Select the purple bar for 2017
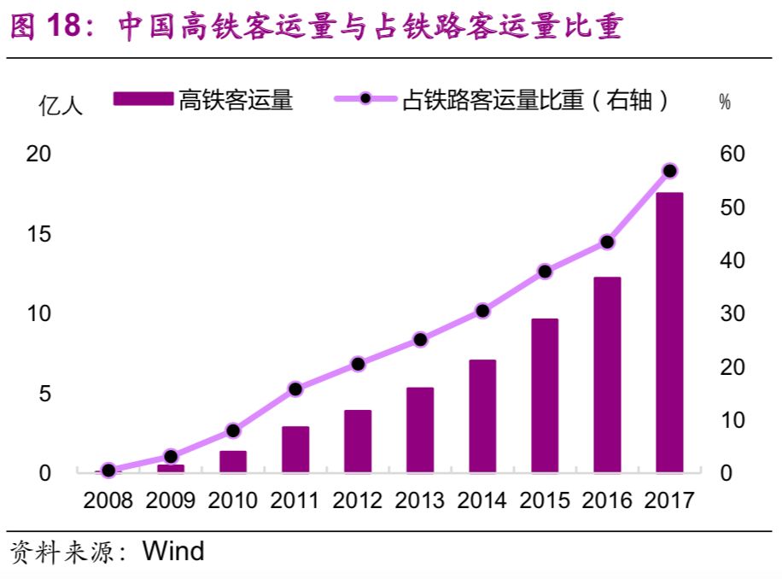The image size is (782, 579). tap(669, 332)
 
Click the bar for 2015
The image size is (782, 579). tap(545, 395)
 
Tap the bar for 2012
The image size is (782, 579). tap(358, 441)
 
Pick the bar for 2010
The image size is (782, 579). tap(233, 461)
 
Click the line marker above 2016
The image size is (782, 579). tap(607, 242)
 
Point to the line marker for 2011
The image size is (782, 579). tap(295, 389)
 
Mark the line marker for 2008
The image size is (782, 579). tap(108, 470)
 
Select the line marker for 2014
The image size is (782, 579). tap(482, 311)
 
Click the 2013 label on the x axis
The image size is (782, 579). tap(419, 500)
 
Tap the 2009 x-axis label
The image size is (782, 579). tap(170, 500)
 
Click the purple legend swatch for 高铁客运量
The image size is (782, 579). tap(143, 101)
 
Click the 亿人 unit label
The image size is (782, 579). tap(61, 106)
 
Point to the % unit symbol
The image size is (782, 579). tap(725, 102)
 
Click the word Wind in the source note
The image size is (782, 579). tap(173, 551)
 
